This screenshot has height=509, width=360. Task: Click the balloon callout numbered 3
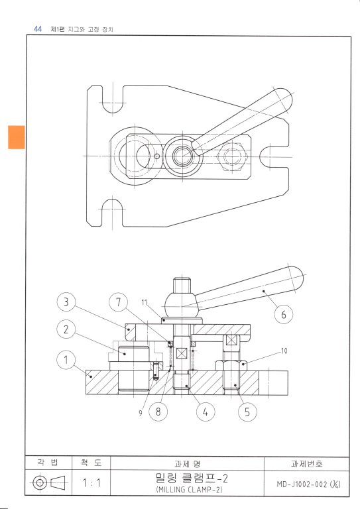[66, 302]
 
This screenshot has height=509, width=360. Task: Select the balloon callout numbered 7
[118, 302]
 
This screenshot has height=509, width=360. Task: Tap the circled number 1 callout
[66, 360]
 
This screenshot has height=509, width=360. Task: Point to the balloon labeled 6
[284, 314]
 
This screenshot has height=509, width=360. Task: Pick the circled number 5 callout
[247, 412]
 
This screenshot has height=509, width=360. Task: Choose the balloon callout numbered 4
[206, 412]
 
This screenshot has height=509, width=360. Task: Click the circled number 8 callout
[158, 412]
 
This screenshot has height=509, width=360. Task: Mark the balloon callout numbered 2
[66, 329]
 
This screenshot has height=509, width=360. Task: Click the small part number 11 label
[145, 302]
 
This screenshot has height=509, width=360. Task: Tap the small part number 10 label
[284, 351]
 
